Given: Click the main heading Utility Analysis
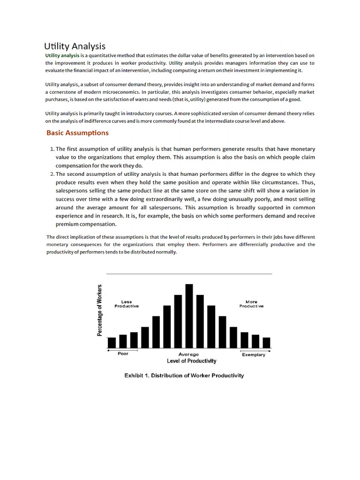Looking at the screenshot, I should point(75,46).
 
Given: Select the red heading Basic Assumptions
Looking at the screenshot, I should point(77,133).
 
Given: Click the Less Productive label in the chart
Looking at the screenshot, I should point(127,304).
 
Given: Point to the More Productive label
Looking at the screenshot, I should point(251,304).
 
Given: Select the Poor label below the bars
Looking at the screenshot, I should point(123,354).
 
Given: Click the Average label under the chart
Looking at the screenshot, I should point(189,354).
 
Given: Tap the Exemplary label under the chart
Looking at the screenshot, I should point(254,354).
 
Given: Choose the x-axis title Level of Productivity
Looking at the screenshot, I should point(192,361).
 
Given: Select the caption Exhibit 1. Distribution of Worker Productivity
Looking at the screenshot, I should point(184,375).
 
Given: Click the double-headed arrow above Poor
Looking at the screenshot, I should point(123,350).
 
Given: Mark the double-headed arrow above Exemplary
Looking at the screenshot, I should point(255,350).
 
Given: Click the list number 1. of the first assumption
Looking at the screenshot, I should point(52,149).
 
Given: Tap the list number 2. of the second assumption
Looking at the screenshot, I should point(52,173).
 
